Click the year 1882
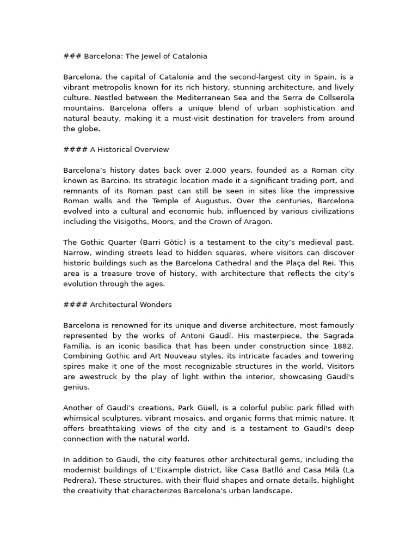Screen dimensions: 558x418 tap(342, 346)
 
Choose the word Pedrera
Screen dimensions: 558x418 tap(79, 480)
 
